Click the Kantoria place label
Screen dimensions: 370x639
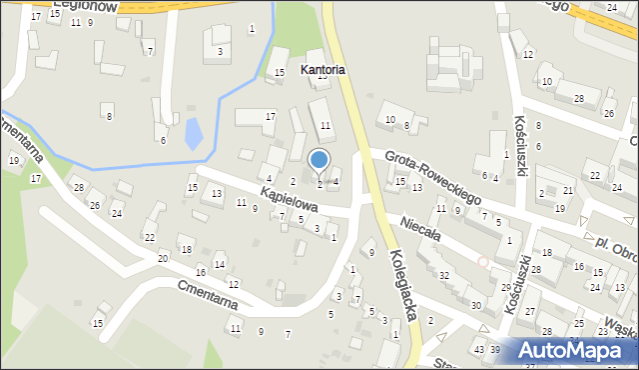322,70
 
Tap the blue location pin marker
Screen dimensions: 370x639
319,160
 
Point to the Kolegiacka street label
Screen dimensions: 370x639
403,284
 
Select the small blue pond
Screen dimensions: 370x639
193,133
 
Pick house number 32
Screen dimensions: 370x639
444,275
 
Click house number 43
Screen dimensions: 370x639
479,349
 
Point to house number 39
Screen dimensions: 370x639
494,349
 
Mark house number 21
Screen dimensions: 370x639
567,190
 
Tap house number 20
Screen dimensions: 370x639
162,258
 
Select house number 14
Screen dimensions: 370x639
220,264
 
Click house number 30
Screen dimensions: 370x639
476,305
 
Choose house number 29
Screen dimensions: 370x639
506,287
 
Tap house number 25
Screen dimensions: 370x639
579,324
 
